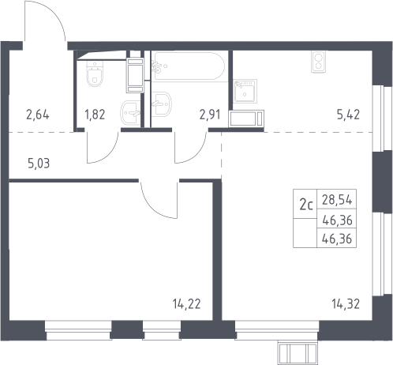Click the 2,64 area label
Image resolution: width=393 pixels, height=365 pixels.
(38, 115)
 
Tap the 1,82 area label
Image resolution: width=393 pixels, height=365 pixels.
(95, 115)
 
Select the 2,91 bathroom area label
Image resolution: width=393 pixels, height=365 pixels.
(210, 115)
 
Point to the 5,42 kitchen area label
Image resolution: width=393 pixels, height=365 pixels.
(348, 115)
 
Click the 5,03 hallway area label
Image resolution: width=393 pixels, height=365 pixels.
(39, 164)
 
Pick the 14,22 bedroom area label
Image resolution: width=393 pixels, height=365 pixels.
(187, 304)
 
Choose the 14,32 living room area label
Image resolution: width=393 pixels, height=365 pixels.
(346, 304)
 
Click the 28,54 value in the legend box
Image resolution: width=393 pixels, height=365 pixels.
(337, 200)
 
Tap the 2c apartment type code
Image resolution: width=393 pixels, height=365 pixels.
(306, 205)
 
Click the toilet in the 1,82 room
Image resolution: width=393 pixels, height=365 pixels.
(95, 73)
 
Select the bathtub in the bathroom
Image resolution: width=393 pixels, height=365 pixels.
(189, 66)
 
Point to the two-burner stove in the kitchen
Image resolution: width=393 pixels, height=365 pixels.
(318, 62)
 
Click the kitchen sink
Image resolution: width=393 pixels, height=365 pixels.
(245, 91)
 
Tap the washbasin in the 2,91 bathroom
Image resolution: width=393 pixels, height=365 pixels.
(161, 103)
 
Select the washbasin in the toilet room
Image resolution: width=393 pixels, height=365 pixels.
(131, 112)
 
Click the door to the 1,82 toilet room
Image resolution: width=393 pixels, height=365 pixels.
(103, 147)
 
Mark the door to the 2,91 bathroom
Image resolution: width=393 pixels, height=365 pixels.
(191, 147)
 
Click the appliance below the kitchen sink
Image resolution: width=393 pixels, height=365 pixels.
(246, 119)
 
